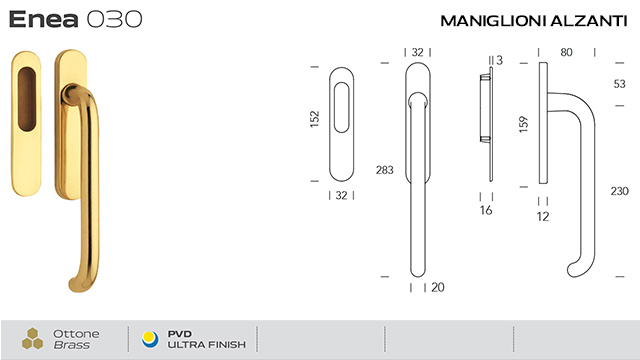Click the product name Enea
coord(44,19)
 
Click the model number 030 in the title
coord(115,19)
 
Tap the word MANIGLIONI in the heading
coord(493,21)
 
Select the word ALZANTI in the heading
coord(589,21)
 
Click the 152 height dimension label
coord(315,119)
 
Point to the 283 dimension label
coord(384,170)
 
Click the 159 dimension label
coord(523,124)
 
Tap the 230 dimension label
coord(619,191)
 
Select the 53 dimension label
coord(620,84)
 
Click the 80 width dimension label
coord(566,52)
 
